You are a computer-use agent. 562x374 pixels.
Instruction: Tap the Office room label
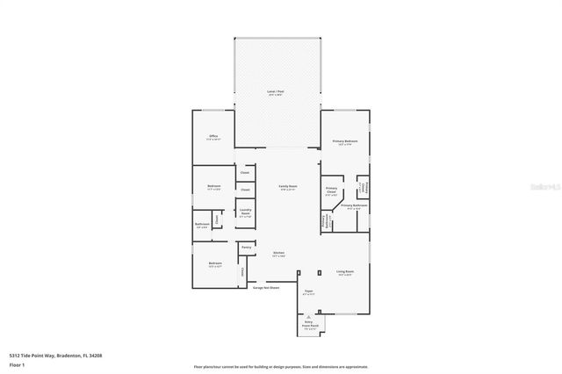[213, 137]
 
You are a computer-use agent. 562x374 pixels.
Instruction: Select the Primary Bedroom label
[344, 142]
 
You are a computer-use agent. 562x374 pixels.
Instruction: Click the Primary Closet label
[331, 191]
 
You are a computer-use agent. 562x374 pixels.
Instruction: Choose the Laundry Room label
[245, 212]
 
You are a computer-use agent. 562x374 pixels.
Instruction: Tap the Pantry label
[247, 248]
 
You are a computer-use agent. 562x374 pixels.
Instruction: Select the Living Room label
[344, 273]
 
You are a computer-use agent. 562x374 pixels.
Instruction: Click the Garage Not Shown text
[265, 287]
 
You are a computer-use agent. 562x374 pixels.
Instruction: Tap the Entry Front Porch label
[309, 326]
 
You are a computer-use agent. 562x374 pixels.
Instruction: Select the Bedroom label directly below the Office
[213, 187]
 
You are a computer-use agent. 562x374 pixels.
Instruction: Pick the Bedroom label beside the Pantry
[214, 263]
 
